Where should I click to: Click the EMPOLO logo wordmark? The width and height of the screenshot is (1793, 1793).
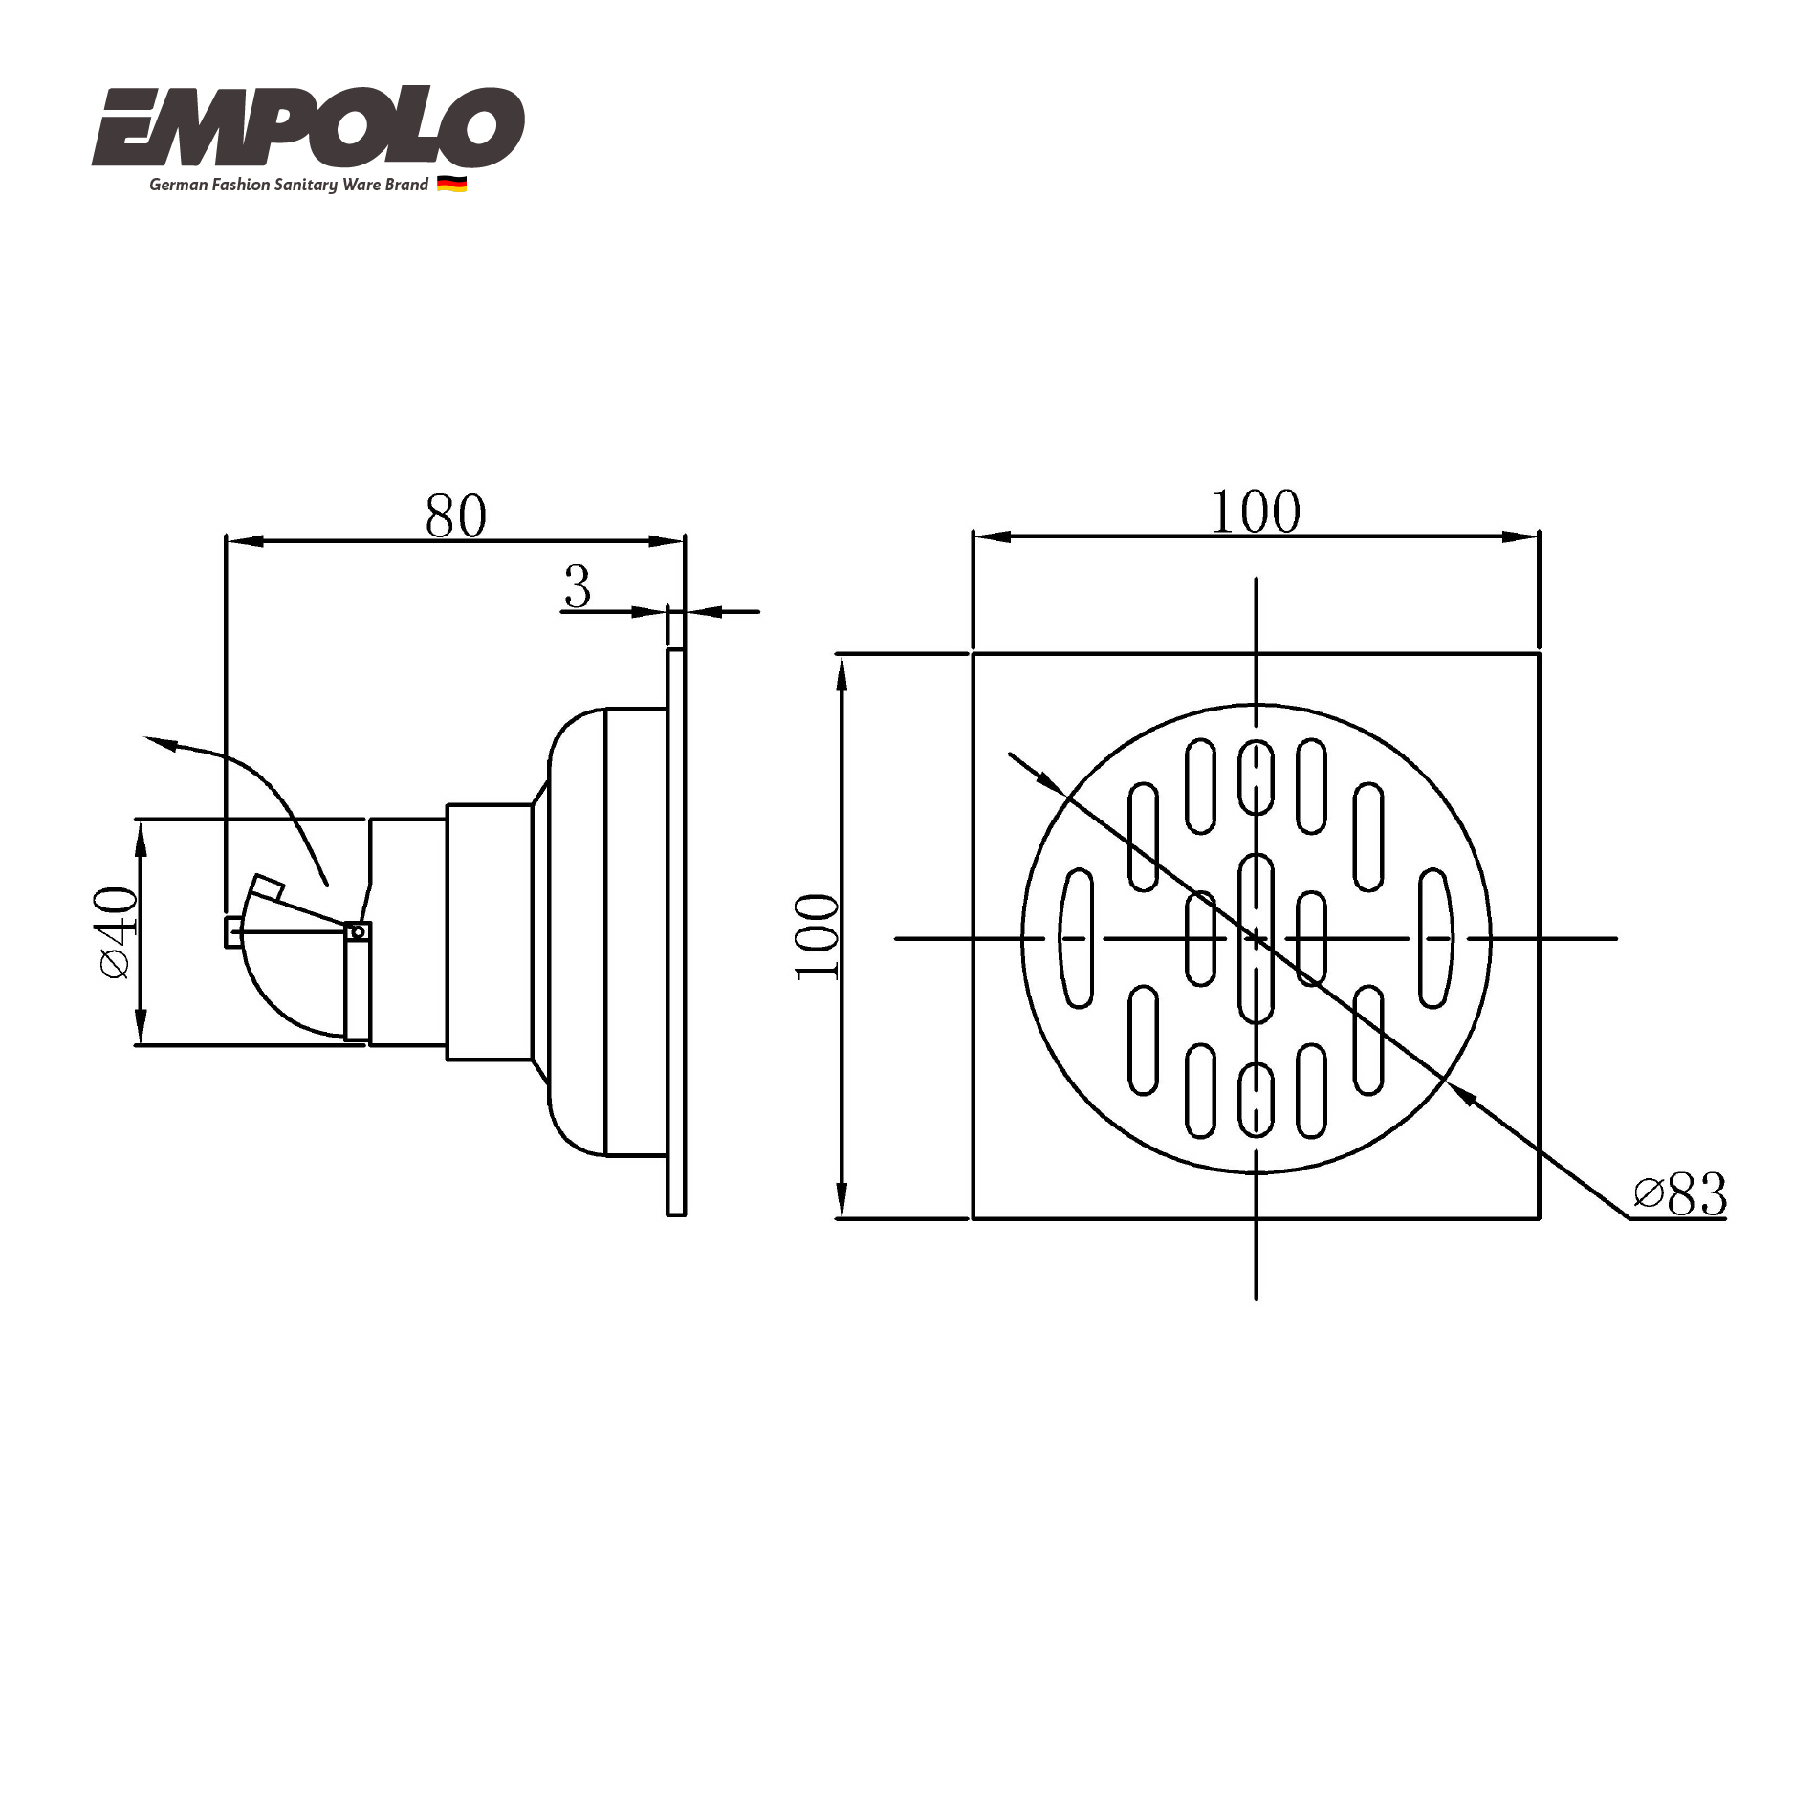(x=308, y=128)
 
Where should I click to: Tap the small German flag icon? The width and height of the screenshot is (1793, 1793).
(x=451, y=185)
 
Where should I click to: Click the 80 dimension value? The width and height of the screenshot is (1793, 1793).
(x=455, y=516)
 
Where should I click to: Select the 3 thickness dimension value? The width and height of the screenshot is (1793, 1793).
(x=578, y=586)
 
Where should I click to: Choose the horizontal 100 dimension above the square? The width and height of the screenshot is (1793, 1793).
(x=1255, y=512)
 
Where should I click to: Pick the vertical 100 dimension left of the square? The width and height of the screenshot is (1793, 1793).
(x=818, y=937)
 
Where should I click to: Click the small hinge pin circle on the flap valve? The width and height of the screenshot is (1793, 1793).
(x=359, y=931)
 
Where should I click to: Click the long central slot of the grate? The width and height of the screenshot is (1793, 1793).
(x=1256, y=939)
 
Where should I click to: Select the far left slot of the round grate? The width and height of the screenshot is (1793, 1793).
(x=1078, y=937)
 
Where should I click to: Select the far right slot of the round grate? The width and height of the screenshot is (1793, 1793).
(x=1433, y=937)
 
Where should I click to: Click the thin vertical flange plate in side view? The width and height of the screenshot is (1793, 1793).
(x=675, y=932)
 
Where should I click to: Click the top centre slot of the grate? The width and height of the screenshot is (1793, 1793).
(x=1256, y=776)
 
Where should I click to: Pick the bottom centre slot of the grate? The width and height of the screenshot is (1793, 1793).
(x=1256, y=1101)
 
